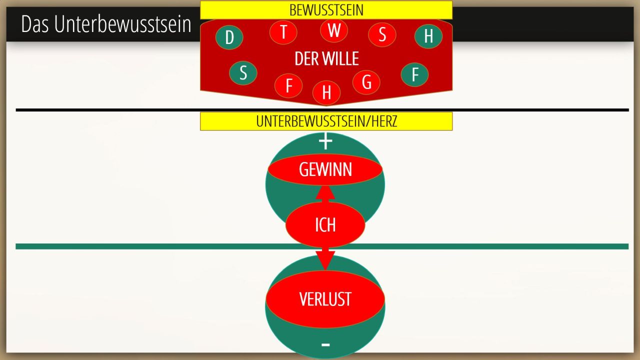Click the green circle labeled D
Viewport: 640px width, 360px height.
point(229,37)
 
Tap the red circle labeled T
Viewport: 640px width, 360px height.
point(283,32)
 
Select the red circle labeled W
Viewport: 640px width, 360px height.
point(333,30)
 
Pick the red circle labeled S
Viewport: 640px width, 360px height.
point(382,34)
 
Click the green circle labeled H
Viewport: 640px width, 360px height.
point(428,36)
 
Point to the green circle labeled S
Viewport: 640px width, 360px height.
point(243,73)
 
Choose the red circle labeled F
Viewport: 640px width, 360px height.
point(288,85)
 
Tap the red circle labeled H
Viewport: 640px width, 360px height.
point(326,92)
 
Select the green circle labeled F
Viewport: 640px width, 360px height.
point(414,74)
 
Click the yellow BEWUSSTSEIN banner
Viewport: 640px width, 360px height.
point(326,10)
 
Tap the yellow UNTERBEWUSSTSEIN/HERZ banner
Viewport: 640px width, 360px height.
point(326,121)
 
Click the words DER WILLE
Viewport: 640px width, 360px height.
point(326,58)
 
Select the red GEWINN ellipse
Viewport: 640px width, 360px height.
point(325,169)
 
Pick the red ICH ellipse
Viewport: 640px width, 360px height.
point(325,225)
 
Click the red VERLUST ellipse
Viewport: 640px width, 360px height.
point(325,299)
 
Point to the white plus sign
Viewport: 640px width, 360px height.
point(325,141)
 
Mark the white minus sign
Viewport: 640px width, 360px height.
point(325,345)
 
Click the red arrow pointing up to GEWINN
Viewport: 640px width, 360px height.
point(325,194)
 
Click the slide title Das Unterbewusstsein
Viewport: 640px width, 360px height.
point(106,24)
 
